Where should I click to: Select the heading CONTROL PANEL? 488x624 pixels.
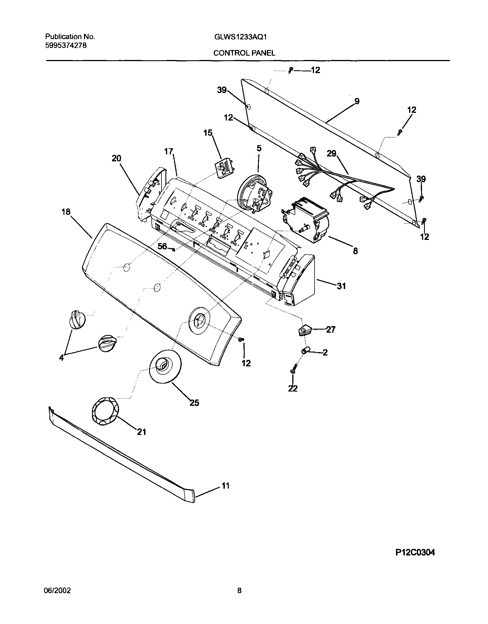point(244,53)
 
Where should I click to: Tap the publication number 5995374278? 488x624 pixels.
point(66,45)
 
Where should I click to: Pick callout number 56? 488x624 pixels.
point(162,246)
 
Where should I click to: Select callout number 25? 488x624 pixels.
point(194,403)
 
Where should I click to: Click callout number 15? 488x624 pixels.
point(208,133)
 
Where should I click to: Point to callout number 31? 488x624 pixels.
point(341,286)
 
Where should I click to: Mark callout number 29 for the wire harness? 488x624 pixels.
point(332,154)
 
